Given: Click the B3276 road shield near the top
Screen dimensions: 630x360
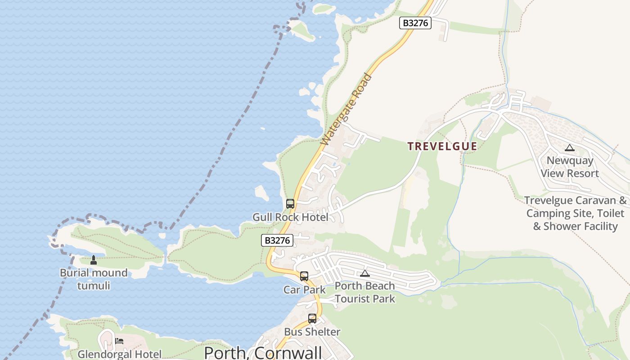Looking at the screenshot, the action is pos(415,23).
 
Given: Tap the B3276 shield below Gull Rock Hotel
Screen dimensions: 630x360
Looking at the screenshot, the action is pos(277,240).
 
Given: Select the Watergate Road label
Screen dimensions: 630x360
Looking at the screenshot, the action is pos(346,109).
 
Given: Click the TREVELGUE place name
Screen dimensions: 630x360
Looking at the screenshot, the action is pos(442,146).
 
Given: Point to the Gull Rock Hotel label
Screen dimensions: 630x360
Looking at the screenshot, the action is pos(290,217).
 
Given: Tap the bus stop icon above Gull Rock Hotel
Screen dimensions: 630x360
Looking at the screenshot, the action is pos(290,203).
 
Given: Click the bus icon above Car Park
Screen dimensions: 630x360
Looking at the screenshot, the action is pos(304,276).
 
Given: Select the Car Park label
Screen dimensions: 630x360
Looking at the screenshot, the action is pos(304,290).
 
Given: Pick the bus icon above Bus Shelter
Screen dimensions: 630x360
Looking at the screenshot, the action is pos(312,319).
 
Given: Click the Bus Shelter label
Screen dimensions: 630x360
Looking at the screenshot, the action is pos(312,332).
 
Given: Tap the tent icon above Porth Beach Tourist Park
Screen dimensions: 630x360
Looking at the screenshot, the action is pos(364,273).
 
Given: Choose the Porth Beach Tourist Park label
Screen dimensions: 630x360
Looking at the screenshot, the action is pos(364,292).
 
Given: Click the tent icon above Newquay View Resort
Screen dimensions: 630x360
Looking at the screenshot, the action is pos(570,148).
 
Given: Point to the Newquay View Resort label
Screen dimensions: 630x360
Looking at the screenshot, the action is pos(570,167).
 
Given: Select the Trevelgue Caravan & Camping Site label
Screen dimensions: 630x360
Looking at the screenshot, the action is pos(575,213).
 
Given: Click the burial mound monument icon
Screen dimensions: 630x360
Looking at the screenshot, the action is pos(94,260).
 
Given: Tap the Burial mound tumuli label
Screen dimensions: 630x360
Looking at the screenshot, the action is pos(94,279).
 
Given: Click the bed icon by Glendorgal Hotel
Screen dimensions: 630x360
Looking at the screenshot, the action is pos(119,341).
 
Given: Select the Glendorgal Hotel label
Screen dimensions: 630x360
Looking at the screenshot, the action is pos(119,354).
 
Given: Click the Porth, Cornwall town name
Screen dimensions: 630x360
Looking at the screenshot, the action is pos(263,352).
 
